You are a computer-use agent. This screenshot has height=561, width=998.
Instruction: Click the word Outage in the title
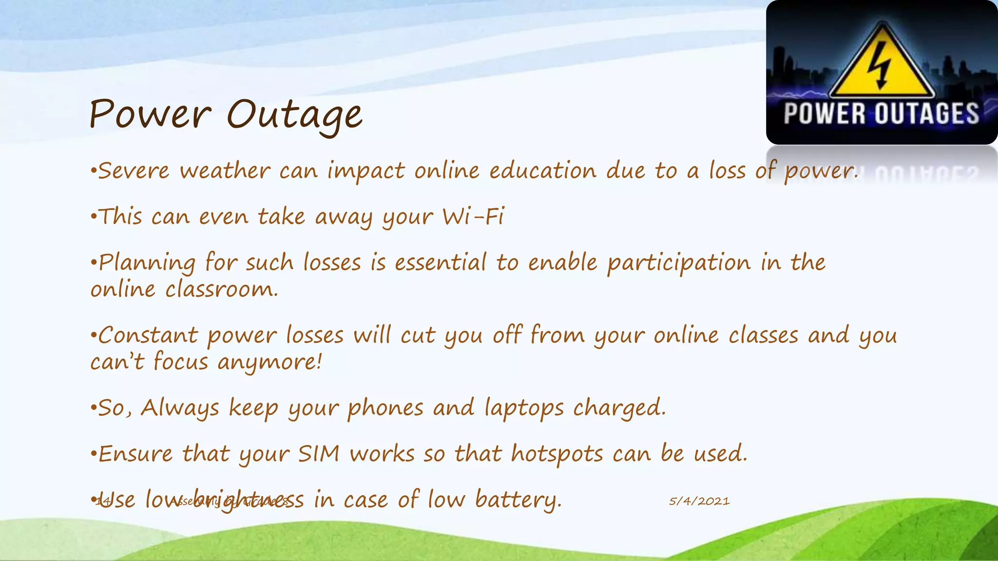pos(294,115)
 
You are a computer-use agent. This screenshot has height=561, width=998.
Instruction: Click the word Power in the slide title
pos(150,115)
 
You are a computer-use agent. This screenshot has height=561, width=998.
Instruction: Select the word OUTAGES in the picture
pos(927,114)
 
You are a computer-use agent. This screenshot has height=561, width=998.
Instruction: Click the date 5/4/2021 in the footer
pos(699,501)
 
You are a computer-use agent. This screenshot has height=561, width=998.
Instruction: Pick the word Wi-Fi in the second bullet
pos(473,217)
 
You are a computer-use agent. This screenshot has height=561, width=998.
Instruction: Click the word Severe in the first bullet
pos(134,171)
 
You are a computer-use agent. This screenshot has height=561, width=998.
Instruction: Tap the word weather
pos(225,171)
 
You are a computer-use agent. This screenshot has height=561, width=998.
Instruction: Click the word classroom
pos(222,290)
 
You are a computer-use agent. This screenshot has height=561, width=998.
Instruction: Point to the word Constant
pos(148,336)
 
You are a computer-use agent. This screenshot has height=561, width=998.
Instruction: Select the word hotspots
pos(557,454)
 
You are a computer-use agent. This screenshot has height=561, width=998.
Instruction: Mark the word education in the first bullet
pos(543,171)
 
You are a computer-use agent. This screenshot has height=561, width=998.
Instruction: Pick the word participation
pos(679,263)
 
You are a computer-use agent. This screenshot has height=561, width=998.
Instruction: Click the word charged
pos(619,408)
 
